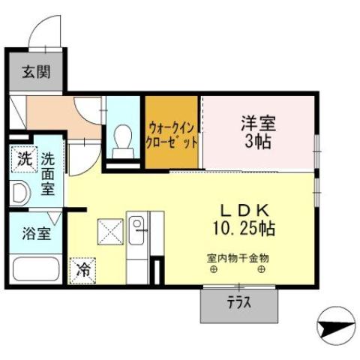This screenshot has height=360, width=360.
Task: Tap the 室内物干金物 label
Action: click(238, 257)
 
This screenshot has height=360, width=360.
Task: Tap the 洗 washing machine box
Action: click(23, 159)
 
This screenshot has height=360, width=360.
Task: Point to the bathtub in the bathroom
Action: click(36, 268)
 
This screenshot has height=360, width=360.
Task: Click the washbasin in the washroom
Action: click(20, 193)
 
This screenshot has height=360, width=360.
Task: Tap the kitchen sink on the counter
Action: click(136, 224)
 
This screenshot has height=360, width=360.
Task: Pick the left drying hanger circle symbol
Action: click(214, 270)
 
